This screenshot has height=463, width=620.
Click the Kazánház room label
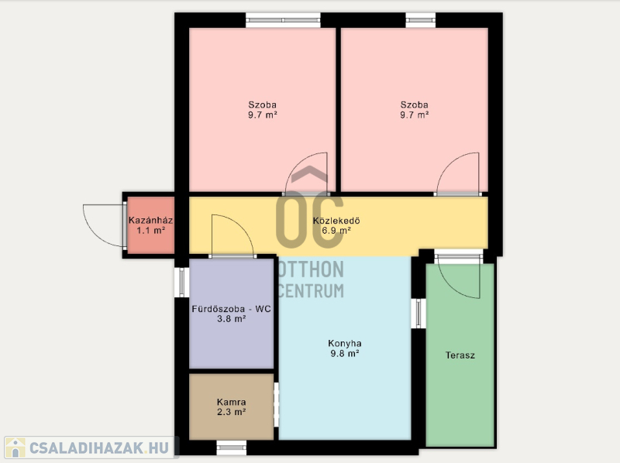(150, 220)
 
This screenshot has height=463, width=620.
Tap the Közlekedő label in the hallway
(336, 221)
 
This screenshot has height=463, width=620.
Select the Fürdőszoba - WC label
(231, 308)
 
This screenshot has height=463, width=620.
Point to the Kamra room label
(231, 402)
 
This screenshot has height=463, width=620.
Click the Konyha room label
(344, 343)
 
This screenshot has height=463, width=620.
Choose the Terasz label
(460, 355)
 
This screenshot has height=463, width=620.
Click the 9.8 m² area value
(344, 353)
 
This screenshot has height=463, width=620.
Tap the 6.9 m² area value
(336, 230)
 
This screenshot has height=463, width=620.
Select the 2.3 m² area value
(231, 412)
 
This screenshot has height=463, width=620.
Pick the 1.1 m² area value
(150, 230)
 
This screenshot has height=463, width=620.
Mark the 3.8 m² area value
(231, 318)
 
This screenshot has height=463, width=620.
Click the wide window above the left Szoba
(283, 20)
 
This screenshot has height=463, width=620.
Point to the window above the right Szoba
(421, 20)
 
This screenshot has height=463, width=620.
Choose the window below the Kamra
(231, 448)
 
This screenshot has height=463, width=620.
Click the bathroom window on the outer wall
(181, 283)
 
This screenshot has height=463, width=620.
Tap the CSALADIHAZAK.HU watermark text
(99, 448)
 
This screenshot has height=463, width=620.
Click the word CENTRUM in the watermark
(311, 291)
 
